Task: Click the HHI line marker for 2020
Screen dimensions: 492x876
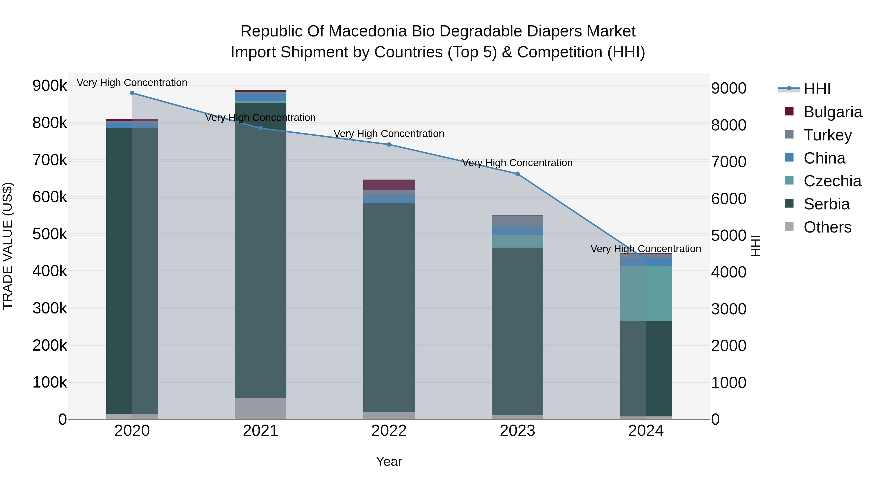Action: [132, 93]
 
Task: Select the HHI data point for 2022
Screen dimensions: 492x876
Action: [389, 145]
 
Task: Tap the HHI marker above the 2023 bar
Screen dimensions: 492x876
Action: [517, 174]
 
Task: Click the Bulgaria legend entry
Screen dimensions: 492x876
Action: [832, 112]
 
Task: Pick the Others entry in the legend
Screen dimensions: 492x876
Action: [827, 227]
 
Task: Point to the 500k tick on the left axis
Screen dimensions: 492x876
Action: [50, 234]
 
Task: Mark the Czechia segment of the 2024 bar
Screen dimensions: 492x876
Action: [646, 294]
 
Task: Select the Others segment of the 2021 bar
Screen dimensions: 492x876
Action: [260, 408]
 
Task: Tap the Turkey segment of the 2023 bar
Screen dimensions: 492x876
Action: [517, 221]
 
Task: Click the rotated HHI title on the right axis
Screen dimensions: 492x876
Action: [755, 246]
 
